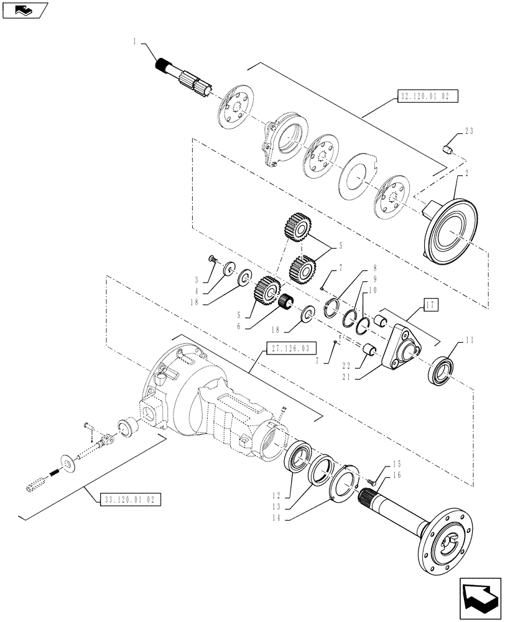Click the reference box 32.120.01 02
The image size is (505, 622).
427,96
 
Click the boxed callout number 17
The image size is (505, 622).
432,305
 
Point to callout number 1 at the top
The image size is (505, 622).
134,41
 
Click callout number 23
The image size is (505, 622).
468,131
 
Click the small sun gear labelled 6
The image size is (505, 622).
287,304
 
